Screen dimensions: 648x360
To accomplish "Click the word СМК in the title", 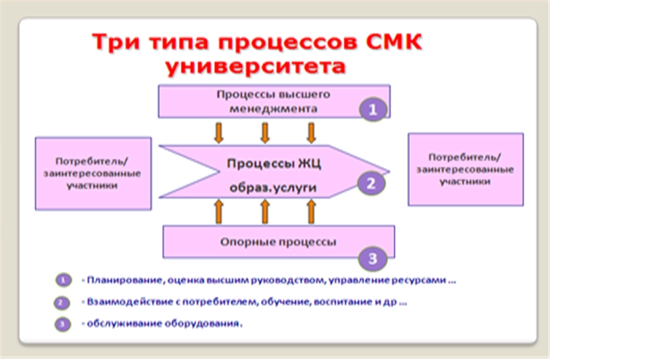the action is coord(394,42).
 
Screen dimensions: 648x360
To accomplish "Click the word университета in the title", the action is coord(255,66).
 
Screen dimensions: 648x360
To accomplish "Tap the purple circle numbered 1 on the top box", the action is coord(373,110).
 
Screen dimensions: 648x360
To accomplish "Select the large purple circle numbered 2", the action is coord(371,184).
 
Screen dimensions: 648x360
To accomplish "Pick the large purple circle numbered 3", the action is coord(373,259).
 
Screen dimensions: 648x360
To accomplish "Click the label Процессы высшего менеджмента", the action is coord(273,102).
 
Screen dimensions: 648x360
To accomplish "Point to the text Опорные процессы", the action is coord(278,242).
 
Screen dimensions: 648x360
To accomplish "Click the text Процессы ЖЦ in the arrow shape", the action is coord(273,163).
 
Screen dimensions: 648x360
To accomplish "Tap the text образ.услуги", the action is coord(273,188).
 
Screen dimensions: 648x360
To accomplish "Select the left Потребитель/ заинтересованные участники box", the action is coord(93,174).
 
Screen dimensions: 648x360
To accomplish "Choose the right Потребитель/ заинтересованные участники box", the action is coord(466,170).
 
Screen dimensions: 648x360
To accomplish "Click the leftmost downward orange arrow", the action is coord(219,132).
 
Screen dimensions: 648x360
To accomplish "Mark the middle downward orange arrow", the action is coord(265,132).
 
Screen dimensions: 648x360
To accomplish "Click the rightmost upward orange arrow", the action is coord(311,212).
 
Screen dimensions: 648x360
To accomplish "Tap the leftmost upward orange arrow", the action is coord(219,212).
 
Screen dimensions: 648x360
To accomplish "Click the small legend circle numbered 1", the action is coord(64,281).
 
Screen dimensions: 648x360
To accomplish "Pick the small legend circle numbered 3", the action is coord(63,324).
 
